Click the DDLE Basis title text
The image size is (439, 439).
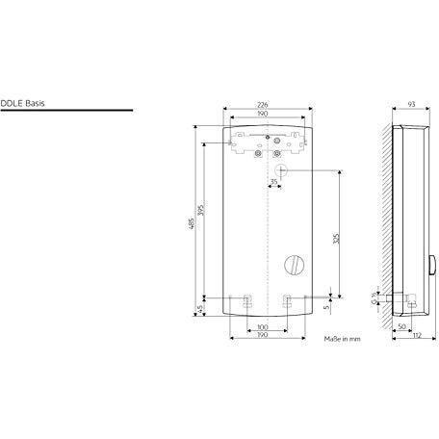[x=22, y=103]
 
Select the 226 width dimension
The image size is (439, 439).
[x=263, y=105]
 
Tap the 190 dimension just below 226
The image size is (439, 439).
[x=263, y=114]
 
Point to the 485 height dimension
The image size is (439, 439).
[x=191, y=223]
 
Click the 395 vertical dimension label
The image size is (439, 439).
[x=201, y=210]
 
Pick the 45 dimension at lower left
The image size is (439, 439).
[x=199, y=309]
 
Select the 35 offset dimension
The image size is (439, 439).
[x=273, y=182]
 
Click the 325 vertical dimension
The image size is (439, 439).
[x=336, y=239]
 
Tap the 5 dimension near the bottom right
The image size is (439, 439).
[x=326, y=307]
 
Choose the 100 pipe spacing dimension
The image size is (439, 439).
[x=263, y=327]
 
